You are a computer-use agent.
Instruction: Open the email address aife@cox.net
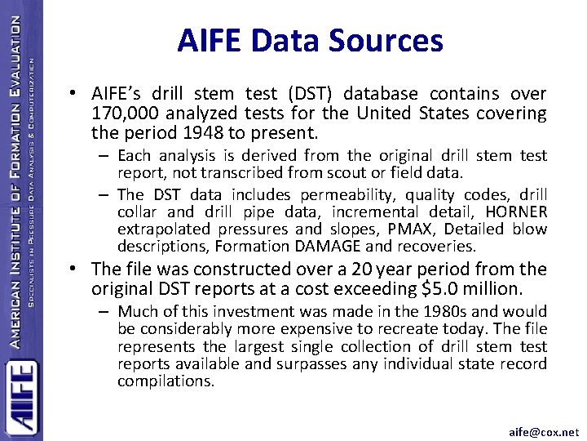pyautogui.click(x=544, y=431)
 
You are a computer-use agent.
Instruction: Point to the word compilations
pyautogui.click(x=166, y=381)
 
